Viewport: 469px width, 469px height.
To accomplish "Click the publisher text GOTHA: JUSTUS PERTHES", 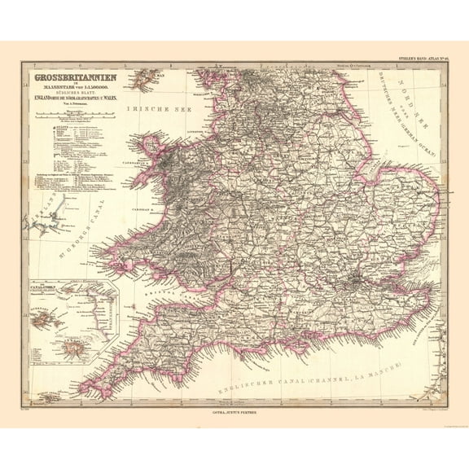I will (x=234, y=412).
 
